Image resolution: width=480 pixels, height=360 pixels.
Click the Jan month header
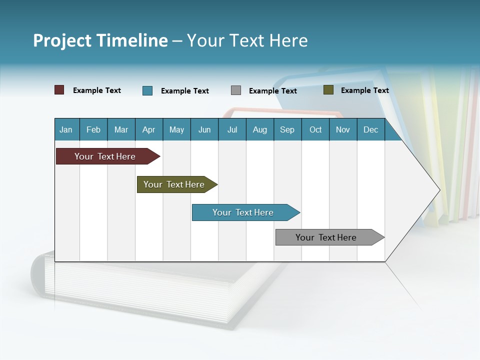click(x=66, y=130)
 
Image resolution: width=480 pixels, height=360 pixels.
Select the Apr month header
click(x=149, y=130)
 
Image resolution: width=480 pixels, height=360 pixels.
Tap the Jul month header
click(x=232, y=130)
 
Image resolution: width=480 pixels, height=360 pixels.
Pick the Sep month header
click(x=287, y=130)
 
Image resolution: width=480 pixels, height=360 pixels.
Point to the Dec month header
click(x=370, y=130)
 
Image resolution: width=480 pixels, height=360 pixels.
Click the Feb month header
click(x=93, y=130)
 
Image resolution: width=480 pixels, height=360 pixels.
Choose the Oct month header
click(x=315, y=130)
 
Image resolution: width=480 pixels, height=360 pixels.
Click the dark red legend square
click(x=59, y=90)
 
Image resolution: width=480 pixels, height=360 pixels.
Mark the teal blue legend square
click(x=147, y=90)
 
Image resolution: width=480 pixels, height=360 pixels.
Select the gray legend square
click(x=236, y=90)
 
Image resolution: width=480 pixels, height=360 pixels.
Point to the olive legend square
click(x=328, y=90)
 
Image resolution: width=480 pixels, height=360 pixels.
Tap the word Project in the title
click(x=62, y=40)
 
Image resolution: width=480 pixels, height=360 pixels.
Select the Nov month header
click(x=343, y=130)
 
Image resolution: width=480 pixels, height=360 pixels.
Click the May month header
click(x=176, y=130)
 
